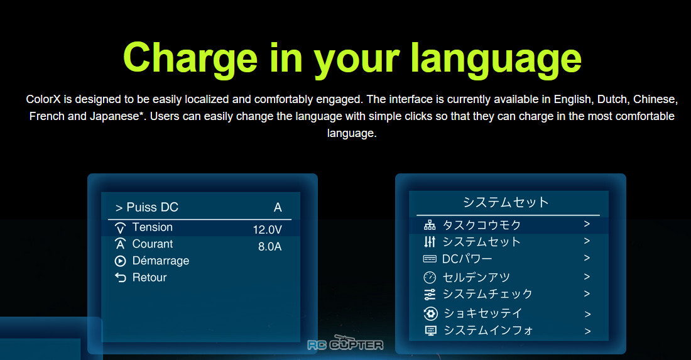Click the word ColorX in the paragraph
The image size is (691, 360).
(x=43, y=99)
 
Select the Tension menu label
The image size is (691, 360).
(x=153, y=227)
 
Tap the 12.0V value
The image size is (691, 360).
(x=267, y=229)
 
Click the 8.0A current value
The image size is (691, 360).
(x=269, y=246)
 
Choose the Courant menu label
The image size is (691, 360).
(x=153, y=244)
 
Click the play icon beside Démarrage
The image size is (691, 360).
(x=121, y=261)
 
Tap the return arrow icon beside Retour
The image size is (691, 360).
(x=121, y=277)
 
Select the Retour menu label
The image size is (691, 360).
(x=150, y=278)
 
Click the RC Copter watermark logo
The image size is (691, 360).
(x=345, y=343)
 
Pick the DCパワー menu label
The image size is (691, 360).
(x=467, y=259)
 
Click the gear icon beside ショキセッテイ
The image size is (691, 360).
(x=430, y=314)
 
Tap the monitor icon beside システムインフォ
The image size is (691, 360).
(x=430, y=330)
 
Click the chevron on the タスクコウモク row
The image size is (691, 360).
(x=587, y=224)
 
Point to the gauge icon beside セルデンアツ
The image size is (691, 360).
(x=430, y=277)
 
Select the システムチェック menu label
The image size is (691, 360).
(x=487, y=294)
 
